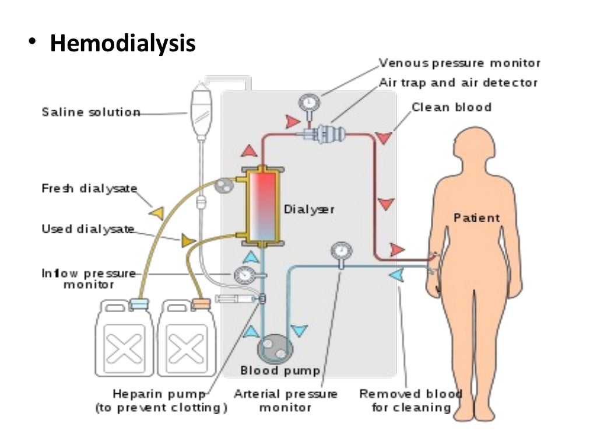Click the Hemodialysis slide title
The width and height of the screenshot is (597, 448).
pos(122,44)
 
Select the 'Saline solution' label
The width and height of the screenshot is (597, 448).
pos(91,112)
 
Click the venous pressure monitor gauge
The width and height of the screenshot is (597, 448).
pos(306,103)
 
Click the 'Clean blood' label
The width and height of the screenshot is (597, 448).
pos(451,107)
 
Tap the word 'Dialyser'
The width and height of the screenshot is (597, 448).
pos(309,208)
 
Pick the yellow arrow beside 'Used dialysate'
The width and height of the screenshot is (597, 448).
pos(187,240)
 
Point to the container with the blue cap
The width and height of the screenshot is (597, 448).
pos(125,338)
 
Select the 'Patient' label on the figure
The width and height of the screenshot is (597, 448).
pos(476,218)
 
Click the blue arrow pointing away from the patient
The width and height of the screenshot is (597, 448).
pos(399,274)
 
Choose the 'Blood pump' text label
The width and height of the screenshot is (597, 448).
pos(280,371)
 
